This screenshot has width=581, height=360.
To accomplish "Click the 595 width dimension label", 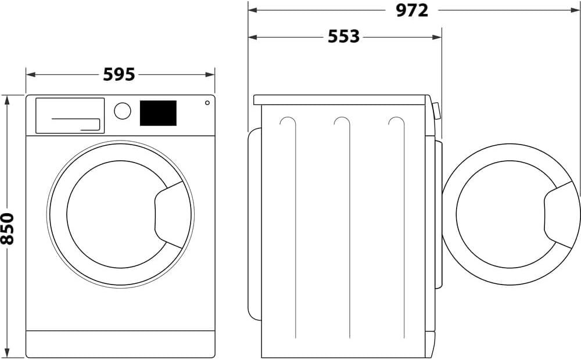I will (119, 74).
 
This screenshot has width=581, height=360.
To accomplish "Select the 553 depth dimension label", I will (343, 37).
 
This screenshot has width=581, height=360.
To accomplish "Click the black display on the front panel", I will (158, 113).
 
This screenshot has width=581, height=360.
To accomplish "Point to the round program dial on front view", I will (122, 111).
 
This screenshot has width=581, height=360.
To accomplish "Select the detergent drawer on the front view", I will (70, 115).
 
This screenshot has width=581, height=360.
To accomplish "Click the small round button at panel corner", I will (207, 103).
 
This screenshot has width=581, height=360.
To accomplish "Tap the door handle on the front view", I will (168, 213).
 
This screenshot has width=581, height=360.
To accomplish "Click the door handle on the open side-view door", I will (559, 213).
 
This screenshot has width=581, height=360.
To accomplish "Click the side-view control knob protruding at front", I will (436, 111).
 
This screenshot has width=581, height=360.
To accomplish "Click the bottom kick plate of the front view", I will (120, 344).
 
